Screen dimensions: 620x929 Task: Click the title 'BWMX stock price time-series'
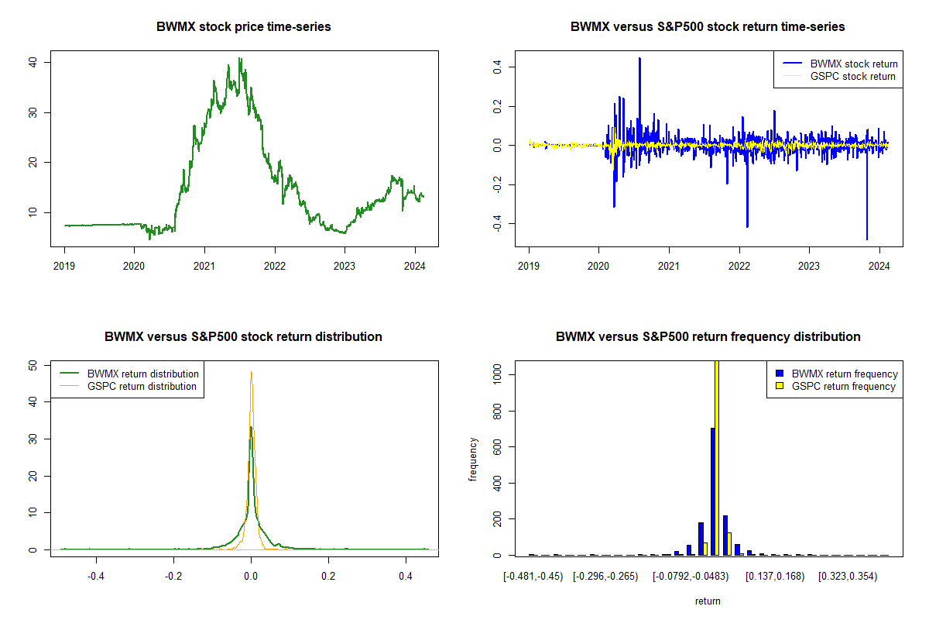coord(244,27)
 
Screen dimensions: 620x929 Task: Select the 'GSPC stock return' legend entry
coord(852,76)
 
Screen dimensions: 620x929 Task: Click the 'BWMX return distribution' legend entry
coord(143,374)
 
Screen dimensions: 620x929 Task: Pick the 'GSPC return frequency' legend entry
coord(844,386)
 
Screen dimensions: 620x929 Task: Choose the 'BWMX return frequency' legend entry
coord(845,374)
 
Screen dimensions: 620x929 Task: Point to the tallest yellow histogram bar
coord(717,457)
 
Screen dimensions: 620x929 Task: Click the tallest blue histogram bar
coord(712,491)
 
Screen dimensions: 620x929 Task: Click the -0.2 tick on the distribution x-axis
coord(173,577)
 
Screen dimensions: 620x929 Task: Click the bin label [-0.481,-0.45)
coord(533,577)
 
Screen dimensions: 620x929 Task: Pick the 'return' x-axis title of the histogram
coord(708,601)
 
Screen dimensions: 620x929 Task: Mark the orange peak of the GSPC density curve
coord(252,372)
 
